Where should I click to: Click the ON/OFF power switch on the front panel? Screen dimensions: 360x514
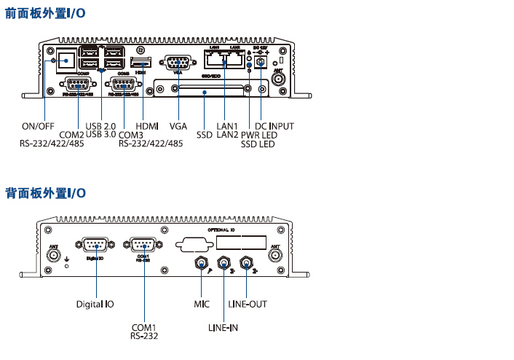coord(66,58)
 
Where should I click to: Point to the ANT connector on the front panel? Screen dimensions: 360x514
coord(278,78)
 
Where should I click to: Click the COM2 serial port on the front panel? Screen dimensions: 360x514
coord(78,84)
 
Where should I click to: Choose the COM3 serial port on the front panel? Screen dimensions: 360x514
coord(122,84)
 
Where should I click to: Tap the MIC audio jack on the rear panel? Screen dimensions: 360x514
coord(201,262)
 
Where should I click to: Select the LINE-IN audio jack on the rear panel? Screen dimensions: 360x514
coord(223,262)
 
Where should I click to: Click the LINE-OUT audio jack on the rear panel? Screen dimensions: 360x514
coord(247,262)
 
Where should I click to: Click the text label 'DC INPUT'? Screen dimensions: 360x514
coord(274,126)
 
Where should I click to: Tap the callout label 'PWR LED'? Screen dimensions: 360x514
coord(258,136)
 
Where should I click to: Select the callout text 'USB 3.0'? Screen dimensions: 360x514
coord(100,135)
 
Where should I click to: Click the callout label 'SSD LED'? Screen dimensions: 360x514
coord(258,145)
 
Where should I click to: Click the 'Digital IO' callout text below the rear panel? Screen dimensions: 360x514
coord(95,302)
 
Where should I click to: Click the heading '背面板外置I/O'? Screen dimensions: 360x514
coord(45,193)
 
